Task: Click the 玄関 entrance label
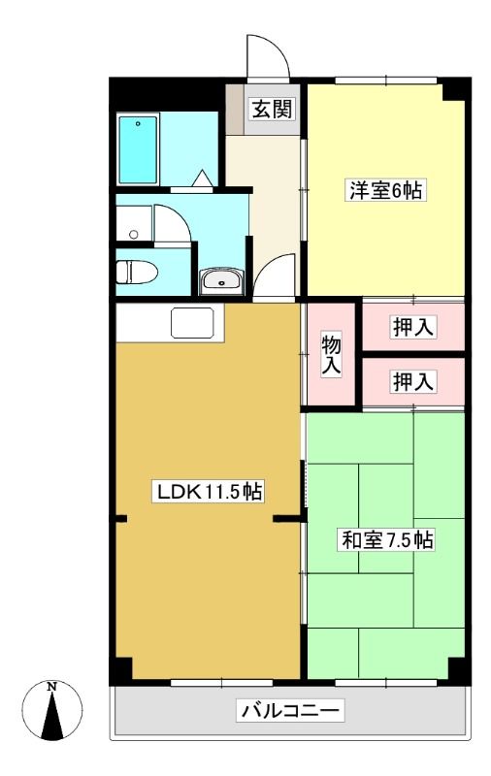(x=273, y=109)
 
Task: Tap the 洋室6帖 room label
(x=385, y=190)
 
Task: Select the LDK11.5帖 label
(x=209, y=492)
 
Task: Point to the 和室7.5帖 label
(x=387, y=540)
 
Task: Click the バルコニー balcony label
(x=290, y=712)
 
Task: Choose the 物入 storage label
(x=331, y=355)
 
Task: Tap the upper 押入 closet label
(x=412, y=327)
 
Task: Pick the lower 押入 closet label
(x=412, y=381)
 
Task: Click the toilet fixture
(x=137, y=272)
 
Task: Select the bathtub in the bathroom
(x=138, y=149)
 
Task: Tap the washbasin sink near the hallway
(x=221, y=281)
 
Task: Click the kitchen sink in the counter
(x=192, y=323)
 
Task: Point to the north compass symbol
(x=52, y=711)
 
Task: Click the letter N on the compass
(x=51, y=687)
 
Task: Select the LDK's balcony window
(x=221, y=683)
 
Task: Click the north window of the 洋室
(x=386, y=81)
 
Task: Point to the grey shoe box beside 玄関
(x=235, y=110)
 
